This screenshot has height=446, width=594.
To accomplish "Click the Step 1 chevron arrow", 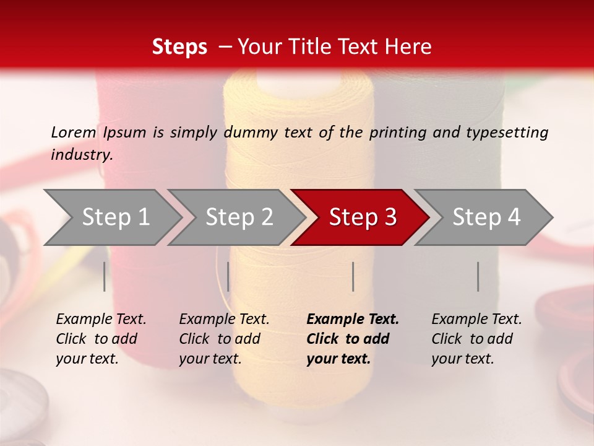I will (x=114, y=217).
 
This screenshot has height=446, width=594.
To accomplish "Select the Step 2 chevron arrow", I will (x=238, y=217).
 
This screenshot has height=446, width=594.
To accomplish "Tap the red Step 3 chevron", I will (x=362, y=217).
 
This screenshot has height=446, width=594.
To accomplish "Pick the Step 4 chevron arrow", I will (x=486, y=217).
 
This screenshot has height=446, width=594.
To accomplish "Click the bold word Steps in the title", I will (x=179, y=46).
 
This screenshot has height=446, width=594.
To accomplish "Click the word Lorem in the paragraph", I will (x=73, y=133).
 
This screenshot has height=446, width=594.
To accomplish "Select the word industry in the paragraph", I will (x=81, y=155).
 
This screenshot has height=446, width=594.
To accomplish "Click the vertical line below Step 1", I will (x=105, y=276).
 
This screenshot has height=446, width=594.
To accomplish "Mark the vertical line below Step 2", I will (x=228, y=276).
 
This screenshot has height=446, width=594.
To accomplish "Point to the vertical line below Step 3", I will (x=353, y=276).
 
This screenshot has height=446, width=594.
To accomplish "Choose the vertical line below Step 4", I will (x=478, y=276).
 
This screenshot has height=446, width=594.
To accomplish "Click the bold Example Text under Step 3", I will (x=353, y=320).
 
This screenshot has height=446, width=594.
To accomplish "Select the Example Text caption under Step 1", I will (x=101, y=320).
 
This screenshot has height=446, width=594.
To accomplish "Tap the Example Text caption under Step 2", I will (x=224, y=320).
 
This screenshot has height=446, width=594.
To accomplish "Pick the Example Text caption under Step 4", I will (x=476, y=320).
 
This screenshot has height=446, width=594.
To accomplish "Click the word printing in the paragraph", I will (x=396, y=133).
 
